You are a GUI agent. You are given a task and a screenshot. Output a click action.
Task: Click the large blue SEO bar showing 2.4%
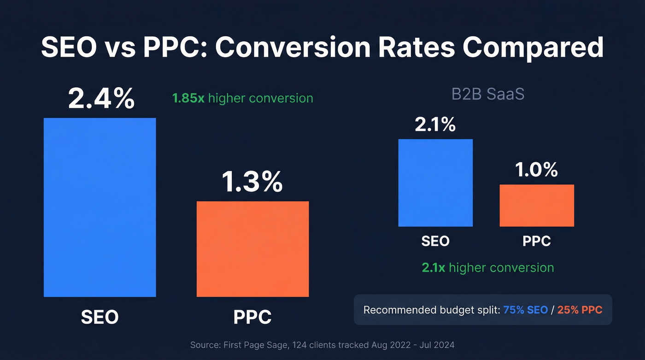point(100,207)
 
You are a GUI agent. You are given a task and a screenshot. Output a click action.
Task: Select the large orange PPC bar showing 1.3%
point(252,249)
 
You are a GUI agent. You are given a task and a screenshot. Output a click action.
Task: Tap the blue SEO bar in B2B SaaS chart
point(435,183)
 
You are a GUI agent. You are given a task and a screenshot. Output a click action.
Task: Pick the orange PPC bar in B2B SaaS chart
point(537,206)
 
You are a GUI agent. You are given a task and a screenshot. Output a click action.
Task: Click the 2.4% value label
point(101,98)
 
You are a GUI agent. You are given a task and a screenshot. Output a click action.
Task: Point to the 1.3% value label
point(252,182)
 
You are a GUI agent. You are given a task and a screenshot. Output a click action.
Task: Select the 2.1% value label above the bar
point(435,124)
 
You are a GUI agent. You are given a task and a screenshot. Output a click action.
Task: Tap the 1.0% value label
point(537,170)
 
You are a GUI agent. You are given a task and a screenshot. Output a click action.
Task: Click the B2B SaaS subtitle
point(487,94)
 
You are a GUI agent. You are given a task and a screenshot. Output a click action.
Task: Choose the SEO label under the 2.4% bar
point(100,317)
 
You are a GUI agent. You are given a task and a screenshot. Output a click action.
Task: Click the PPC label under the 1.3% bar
point(252,317)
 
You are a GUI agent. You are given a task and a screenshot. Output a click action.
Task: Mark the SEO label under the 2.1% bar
point(435,241)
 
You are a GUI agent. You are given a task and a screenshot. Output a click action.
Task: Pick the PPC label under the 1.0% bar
point(537,241)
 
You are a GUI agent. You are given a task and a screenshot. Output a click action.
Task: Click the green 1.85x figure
point(188,98)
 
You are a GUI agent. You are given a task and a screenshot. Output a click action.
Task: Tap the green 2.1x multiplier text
point(434,268)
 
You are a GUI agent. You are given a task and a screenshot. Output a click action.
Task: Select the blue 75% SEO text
point(526,310)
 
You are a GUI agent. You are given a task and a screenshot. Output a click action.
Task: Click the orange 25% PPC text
point(580,310)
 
